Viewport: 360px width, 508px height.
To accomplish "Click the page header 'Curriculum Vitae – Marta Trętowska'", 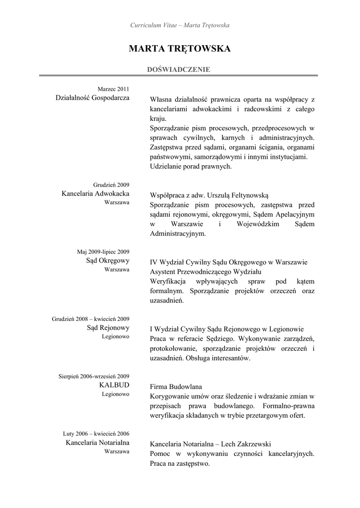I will pyautogui.click(x=180, y=25).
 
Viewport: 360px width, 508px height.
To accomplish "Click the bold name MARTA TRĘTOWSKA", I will pyautogui.click(x=180, y=49).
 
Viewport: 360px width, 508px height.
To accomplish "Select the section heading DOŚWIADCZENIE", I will pyautogui.click(x=179, y=69).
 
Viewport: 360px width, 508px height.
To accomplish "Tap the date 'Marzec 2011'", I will pyautogui.click(x=113, y=89).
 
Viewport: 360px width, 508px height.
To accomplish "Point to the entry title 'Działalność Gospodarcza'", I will pyautogui.click(x=92, y=98).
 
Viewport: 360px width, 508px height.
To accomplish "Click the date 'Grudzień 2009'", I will pyautogui.click(x=111, y=185).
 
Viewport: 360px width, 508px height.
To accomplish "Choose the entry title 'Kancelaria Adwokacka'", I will pyautogui.click(x=95, y=193).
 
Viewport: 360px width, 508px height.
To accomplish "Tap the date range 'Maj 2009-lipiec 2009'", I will pyautogui.click(x=103, y=252).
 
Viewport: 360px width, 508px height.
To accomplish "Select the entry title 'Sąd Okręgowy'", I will pyautogui.click(x=108, y=260).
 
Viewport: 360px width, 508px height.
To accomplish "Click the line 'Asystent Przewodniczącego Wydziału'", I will pyautogui.click(x=206, y=272).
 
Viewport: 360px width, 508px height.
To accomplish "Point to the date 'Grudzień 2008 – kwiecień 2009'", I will pyautogui.click(x=91, y=319).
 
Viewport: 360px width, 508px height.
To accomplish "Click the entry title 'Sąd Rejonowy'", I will pyautogui.click(x=108, y=328).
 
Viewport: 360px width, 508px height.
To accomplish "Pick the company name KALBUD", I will pyautogui.click(x=115, y=385).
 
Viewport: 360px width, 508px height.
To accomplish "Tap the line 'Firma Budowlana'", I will pyautogui.click(x=172, y=386).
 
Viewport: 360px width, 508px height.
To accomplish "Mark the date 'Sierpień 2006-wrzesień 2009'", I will pyautogui.click(x=94, y=377).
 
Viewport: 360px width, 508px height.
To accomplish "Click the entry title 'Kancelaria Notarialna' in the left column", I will pyautogui.click(x=97, y=443).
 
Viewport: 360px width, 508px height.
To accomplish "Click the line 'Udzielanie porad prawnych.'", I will pyautogui.click(x=191, y=167).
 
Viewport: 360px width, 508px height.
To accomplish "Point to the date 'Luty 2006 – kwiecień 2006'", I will pyautogui.click(x=96, y=434).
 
